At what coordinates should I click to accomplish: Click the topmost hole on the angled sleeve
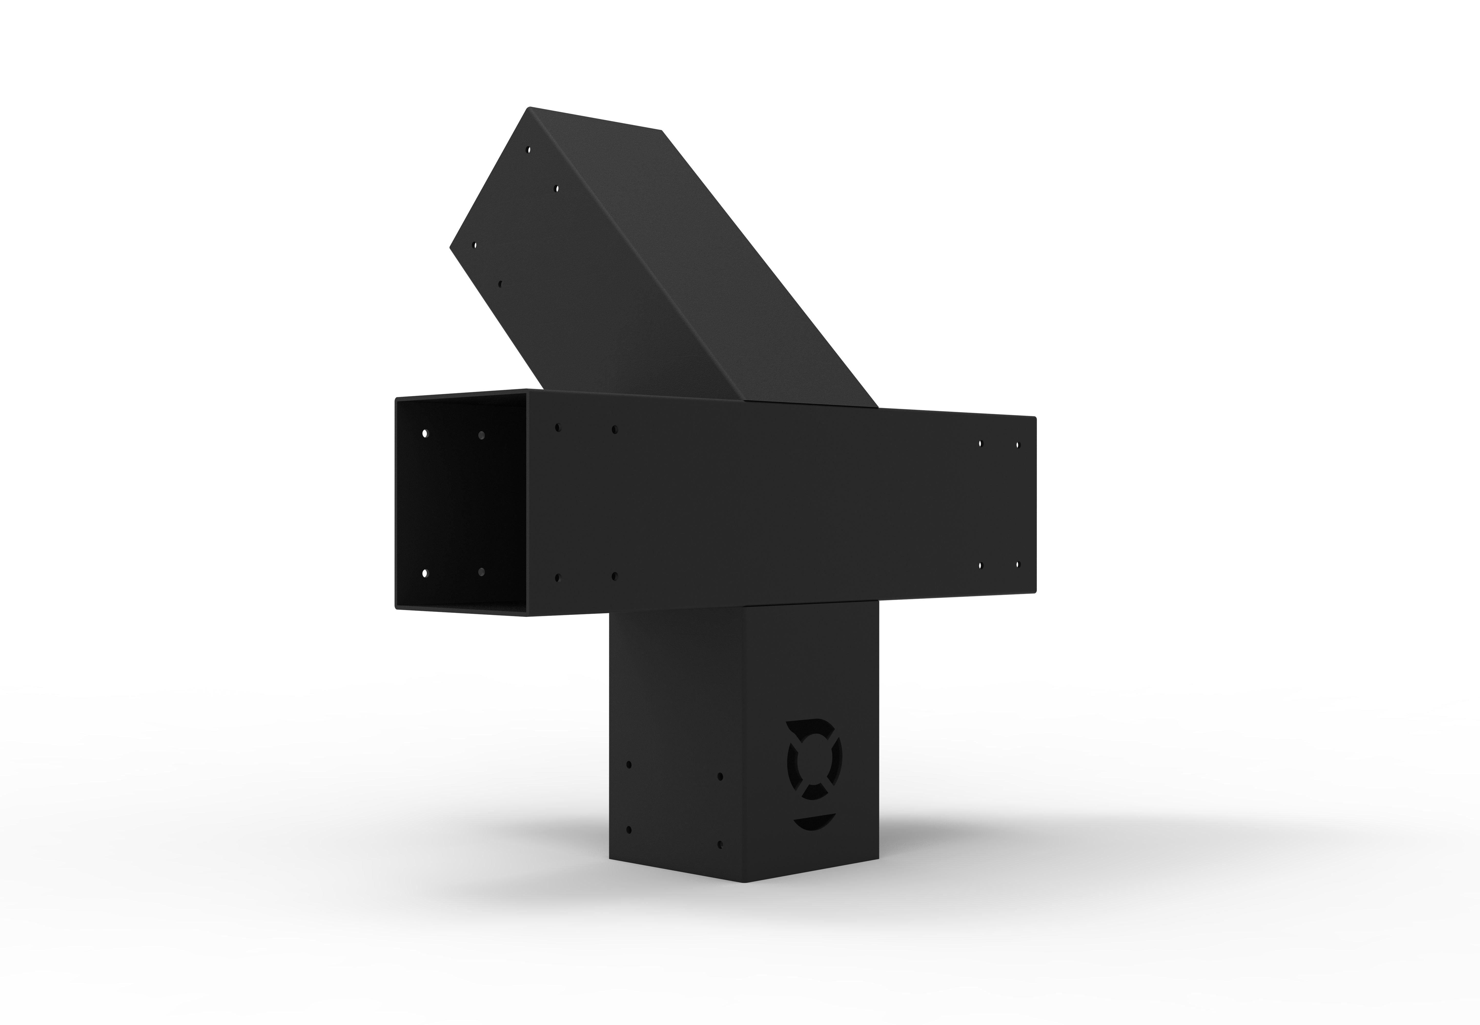(x=529, y=150)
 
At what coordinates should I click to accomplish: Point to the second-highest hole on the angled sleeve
(x=556, y=189)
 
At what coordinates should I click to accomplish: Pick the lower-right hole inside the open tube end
(x=481, y=571)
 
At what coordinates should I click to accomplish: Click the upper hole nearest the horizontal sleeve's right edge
(x=1017, y=444)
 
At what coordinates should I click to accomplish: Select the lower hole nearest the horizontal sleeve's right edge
(x=1017, y=565)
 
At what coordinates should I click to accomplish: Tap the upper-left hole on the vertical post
(x=629, y=765)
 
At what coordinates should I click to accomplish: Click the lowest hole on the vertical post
(x=720, y=844)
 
